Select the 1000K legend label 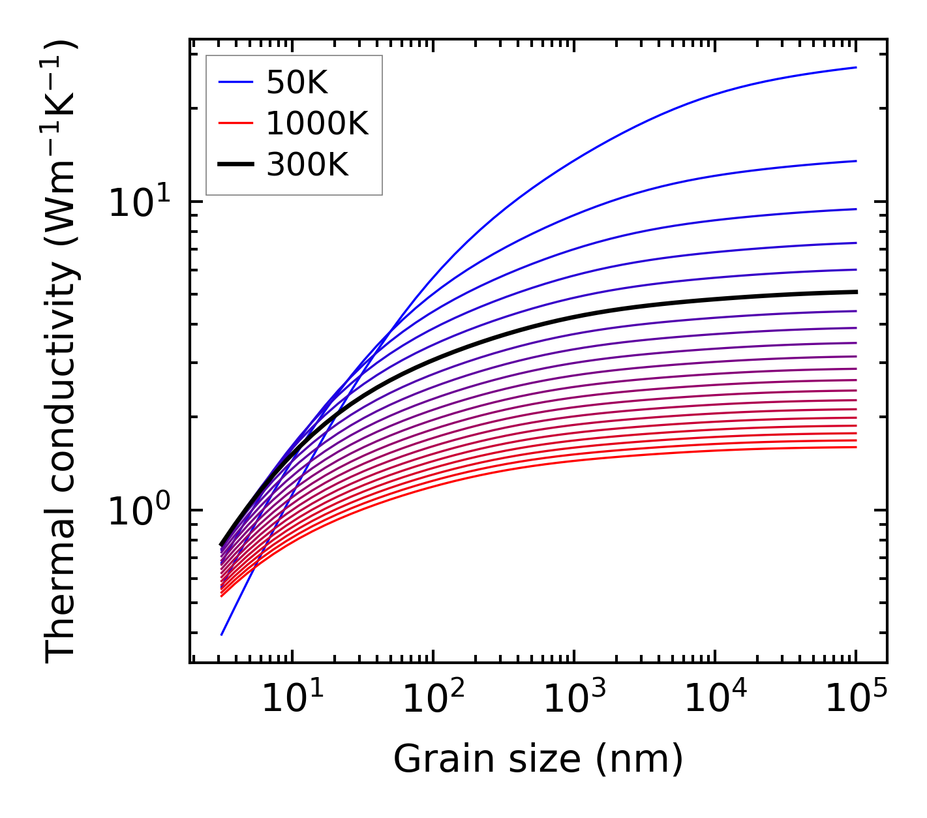coord(317,123)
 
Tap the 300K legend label coord(307,165)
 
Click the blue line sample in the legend coord(235,82)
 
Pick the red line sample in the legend coord(235,123)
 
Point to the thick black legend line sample coord(235,165)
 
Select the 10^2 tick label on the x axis coord(433,700)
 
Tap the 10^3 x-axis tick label coord(574,700)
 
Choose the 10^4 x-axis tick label coord(715,700)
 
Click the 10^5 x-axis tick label coord(856,700)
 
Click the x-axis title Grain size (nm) coord(538,759)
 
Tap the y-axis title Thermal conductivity coord(62,352)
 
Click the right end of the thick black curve coord(856,292)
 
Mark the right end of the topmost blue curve coord(856,67)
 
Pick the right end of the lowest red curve coord(856,447)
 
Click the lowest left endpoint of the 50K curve coord(222,635)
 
